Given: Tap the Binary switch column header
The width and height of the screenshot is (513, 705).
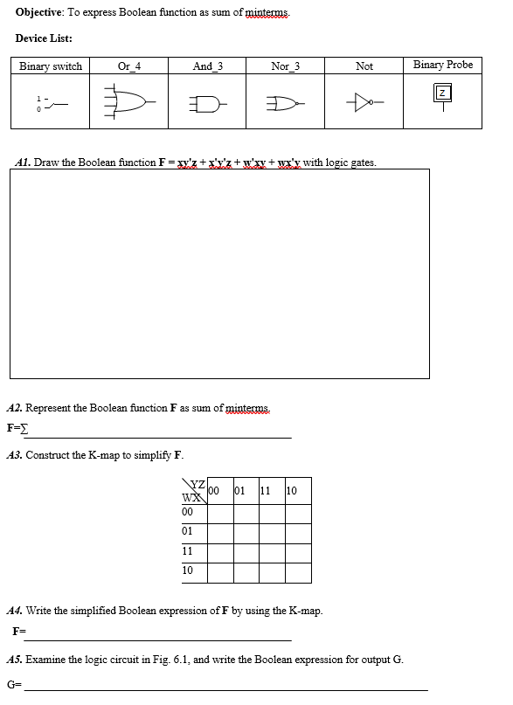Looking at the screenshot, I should tap(51, 66).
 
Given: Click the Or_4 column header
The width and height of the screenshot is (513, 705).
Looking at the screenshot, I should tap(129, 66).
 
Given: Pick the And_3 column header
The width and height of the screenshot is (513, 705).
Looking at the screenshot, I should tap(208, 66).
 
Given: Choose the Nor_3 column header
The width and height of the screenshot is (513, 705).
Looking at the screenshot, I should tap(286, 66).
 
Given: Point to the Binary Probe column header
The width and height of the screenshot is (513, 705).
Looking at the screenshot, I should tap(443, 66).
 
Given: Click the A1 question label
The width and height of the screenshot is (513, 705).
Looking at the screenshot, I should tap(25, 162).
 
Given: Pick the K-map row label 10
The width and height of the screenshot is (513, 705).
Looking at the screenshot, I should tap(188, 570).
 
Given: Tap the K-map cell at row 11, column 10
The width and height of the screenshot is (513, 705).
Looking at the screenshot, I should tap(298, 552).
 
